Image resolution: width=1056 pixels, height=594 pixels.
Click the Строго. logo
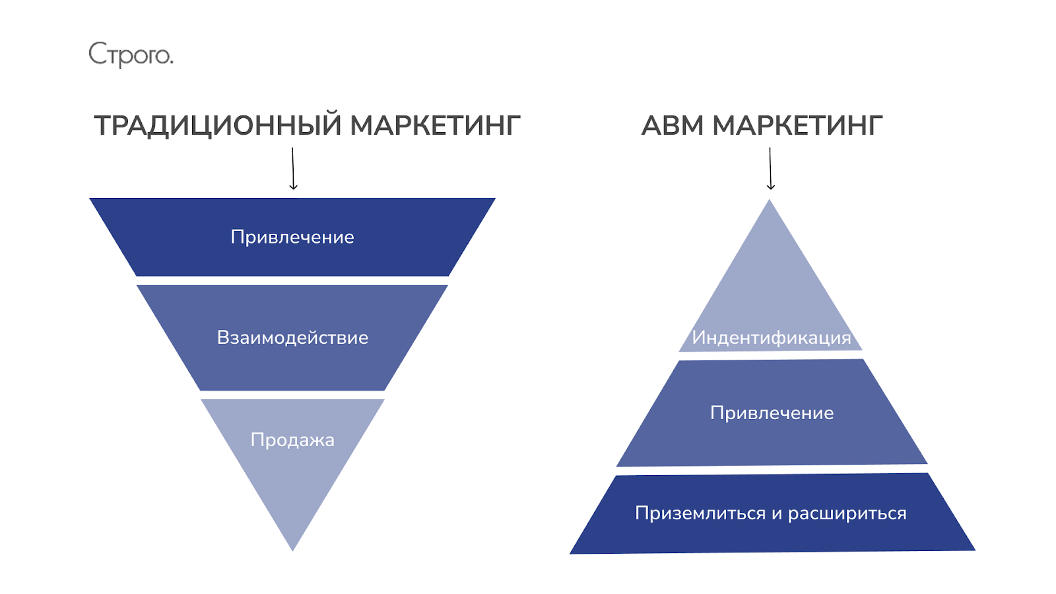[131, 55]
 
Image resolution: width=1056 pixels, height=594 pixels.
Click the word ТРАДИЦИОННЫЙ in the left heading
[218, 125]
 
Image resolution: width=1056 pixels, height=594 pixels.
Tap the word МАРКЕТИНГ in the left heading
[435, 125]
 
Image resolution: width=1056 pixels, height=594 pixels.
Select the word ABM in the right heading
[673, 125]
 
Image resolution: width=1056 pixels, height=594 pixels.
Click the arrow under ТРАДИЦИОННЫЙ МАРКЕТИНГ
[293, 169]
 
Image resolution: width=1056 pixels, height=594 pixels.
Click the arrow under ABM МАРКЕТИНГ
[770, 169]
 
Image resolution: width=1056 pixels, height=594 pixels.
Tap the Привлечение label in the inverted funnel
[292, 237]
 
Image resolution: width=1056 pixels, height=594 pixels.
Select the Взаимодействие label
[292, 337]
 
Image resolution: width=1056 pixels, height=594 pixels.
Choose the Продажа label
[292, 440]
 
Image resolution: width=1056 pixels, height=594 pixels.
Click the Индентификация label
[771, 337]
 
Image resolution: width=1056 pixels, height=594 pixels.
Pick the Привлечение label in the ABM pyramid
[772, 412]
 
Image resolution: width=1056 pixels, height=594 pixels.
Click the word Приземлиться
[700, 513]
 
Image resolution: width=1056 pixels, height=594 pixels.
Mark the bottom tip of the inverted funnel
[292, 548]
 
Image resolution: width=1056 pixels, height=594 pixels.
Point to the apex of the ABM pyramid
[770, 202]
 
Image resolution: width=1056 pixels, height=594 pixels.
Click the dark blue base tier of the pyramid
[772, 536]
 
